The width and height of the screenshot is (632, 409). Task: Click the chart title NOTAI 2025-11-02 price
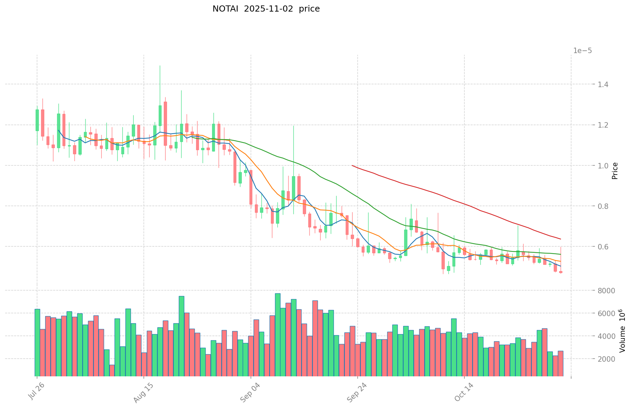tap(266, 9)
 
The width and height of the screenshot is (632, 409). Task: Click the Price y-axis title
tap(615, 171)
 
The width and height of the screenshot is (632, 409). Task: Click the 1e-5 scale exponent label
tap(582, 51)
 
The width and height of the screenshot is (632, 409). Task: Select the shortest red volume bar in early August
tap(112, 370)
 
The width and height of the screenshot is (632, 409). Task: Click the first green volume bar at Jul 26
tap(37, 342)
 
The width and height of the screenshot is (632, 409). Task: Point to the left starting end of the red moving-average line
tap(352, 165)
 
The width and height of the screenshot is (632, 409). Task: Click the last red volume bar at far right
tap(561, 363)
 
